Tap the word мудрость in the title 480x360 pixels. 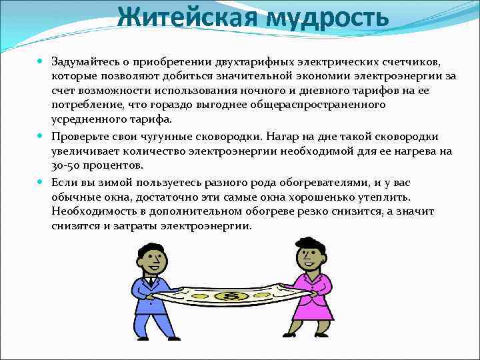326,17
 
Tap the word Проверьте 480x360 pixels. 79,137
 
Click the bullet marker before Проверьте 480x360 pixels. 41,136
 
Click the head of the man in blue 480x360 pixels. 152,257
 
